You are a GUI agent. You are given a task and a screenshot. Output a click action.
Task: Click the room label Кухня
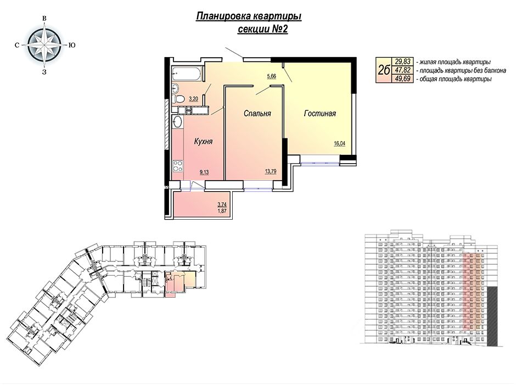[203, 142]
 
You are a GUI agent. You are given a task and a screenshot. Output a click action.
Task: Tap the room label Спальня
[257, 114]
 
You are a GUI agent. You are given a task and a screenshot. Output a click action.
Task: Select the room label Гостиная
[320, 114]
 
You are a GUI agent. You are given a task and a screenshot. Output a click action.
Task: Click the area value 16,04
[340, 143]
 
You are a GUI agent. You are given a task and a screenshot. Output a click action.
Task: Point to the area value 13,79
[270, 171]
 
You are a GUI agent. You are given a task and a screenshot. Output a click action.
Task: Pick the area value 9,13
[204, 171]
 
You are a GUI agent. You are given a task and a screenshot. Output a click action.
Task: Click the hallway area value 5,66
[272, 76]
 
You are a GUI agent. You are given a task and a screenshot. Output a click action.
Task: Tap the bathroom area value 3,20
[193, 98]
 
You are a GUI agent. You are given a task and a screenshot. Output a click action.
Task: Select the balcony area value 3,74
[222, 204]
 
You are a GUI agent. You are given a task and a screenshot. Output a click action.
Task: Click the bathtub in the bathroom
[186, 74]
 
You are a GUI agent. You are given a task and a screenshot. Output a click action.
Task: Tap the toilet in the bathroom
[179, 98]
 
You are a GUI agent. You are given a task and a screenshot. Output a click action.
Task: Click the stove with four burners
[178, 166]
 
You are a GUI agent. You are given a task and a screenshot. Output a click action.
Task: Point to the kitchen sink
[177, 122]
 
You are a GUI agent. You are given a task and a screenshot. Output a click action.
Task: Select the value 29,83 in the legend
[402, 62]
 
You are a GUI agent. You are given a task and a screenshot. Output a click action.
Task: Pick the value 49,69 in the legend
[402, 79]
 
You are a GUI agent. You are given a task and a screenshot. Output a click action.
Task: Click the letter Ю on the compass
[72, 46]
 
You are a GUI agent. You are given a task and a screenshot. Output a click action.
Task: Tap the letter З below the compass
[44, 72]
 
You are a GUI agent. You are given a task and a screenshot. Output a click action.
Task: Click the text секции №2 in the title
[262, 29]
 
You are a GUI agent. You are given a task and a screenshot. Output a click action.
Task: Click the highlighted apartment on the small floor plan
[180, 281]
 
